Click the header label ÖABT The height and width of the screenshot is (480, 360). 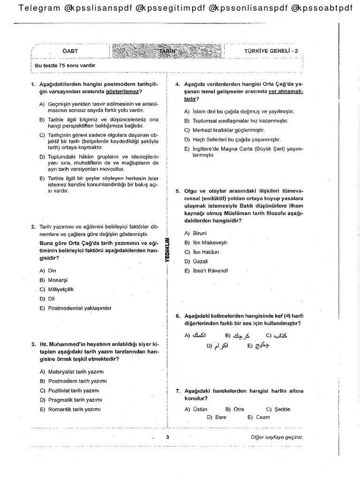click(x=70, y=51)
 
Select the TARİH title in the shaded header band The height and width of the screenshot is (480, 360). click(x=165, y=50)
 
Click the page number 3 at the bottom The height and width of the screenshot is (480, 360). click(x=167, y=437)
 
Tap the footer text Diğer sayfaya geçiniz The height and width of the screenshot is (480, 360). click(x=277, y=437)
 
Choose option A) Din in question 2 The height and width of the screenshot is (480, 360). click(x=48, y=270)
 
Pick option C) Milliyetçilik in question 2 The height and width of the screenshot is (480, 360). click(x=57, y=289)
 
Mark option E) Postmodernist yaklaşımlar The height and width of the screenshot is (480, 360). click(x=75, y=308)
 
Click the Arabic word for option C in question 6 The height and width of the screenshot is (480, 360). click(x=280, y=336)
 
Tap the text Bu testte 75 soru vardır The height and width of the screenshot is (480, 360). click(x=66, y=65)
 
